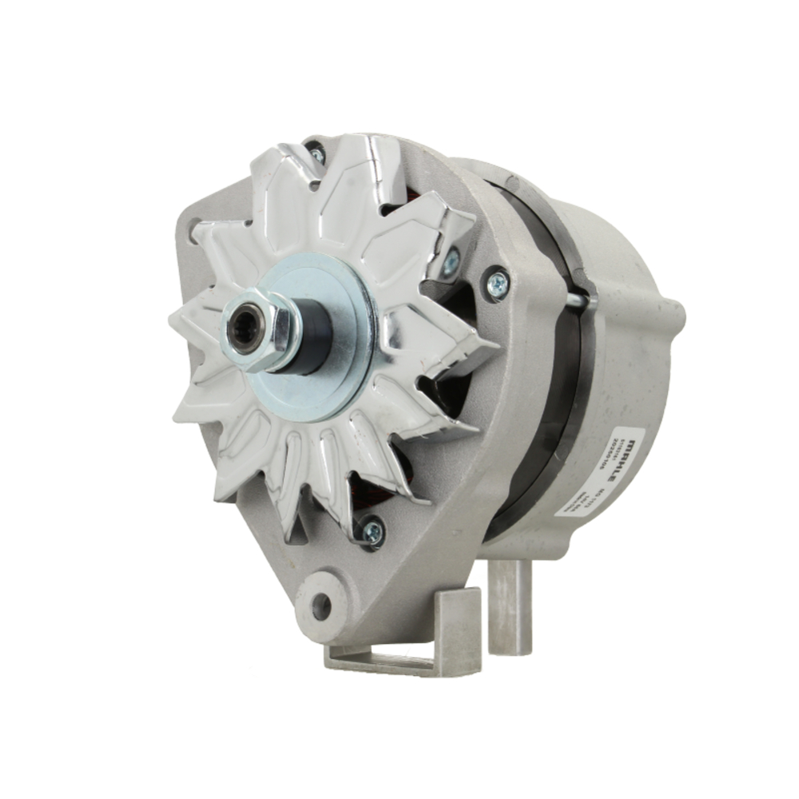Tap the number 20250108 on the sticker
(614, 456)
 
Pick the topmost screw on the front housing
(317, 154)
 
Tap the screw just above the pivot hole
(372, 530)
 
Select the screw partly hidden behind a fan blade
(451, 261)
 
